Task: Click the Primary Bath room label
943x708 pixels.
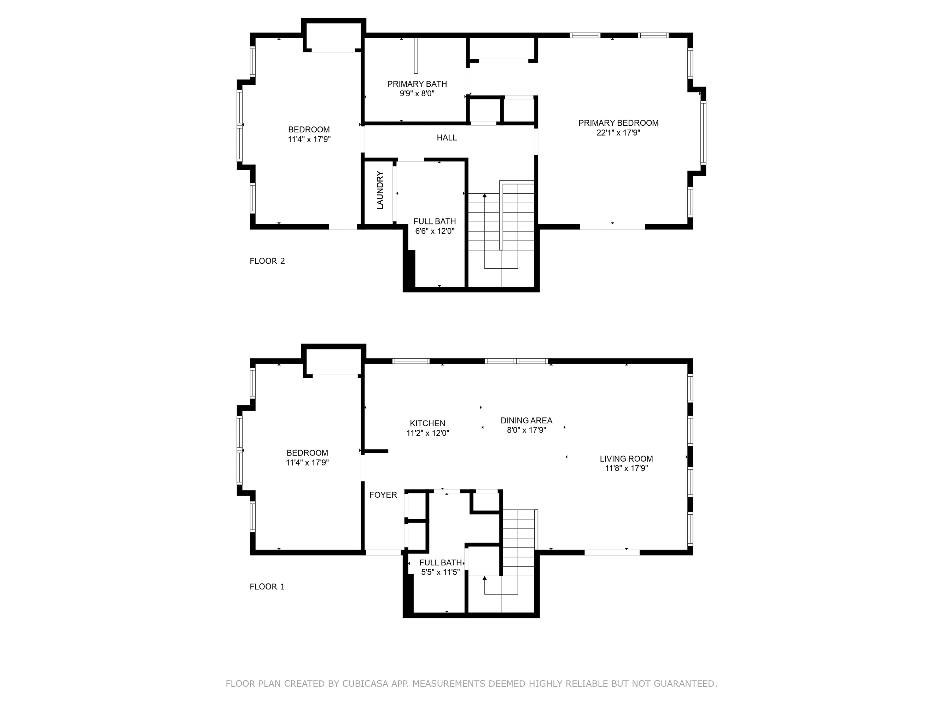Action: point(417,84)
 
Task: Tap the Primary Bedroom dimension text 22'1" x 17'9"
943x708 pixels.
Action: point(618,133)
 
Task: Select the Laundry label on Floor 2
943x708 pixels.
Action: point(380,190)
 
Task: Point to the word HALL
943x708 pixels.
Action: point(447,137)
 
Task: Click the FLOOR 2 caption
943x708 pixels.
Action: point(267,261)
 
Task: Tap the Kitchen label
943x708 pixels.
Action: point(427,423)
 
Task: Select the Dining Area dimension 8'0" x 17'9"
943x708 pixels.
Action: point(526,430)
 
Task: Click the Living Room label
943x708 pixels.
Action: point(626,459)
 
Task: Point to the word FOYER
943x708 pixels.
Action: point(383,495)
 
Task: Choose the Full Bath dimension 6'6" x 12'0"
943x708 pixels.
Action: point(435,231)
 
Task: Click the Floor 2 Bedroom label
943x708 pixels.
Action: point(309,130)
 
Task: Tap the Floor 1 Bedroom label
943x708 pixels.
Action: point(307,453)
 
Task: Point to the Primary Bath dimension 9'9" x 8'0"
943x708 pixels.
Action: point(417,93)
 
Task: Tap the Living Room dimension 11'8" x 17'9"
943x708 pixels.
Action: point(626,468)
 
